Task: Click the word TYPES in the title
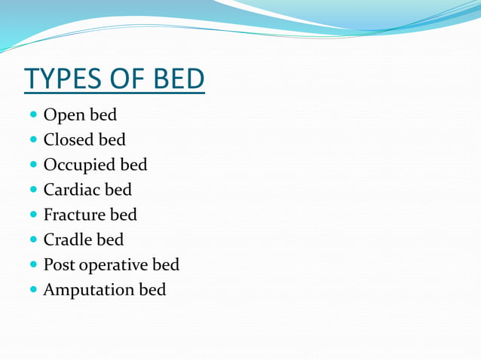(63, 78)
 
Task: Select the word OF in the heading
(124, 78)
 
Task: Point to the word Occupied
(78, 165)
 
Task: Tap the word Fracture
(73, 215)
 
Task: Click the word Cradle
(67, 239)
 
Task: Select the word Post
(59, 265)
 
